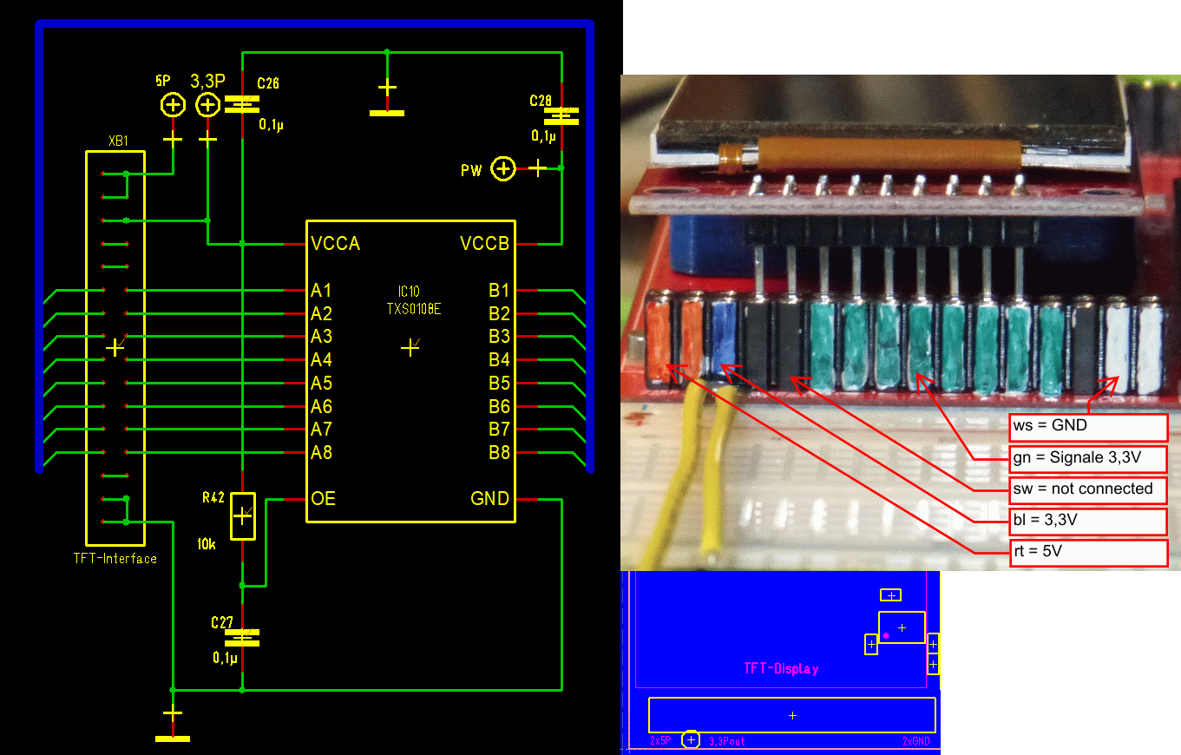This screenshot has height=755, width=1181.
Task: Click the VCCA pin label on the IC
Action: (335, 244)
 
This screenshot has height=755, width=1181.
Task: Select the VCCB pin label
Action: (484, 244)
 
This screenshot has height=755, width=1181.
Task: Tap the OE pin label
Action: (323, 499)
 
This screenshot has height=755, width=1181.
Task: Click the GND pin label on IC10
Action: (489, 499)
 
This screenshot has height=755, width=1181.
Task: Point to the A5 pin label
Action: (321, 384)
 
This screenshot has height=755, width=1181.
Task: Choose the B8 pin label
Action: (499, 453)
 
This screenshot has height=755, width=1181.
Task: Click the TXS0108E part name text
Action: (413, 308)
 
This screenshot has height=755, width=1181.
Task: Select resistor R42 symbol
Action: (242, 519)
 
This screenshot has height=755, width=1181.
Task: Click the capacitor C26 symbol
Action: (242, 104)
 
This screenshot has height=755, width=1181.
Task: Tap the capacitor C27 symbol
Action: (242, 638)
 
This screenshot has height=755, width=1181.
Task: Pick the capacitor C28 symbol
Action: (561, 115)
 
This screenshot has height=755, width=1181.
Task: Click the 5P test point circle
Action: (174, 105)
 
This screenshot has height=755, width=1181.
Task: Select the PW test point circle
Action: (503, 168)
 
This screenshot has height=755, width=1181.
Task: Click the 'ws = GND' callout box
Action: (1088, 426)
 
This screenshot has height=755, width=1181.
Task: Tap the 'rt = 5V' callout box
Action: (1088, 552)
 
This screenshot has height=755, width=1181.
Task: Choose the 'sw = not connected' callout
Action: (1088, 489)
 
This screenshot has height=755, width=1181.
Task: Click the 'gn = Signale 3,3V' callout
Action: (1088, 457)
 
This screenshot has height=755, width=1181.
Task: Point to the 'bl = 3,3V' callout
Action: (1088, 521)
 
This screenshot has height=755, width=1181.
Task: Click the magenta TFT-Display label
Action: (781, 668)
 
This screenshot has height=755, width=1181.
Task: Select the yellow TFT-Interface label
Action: (115, 559)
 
